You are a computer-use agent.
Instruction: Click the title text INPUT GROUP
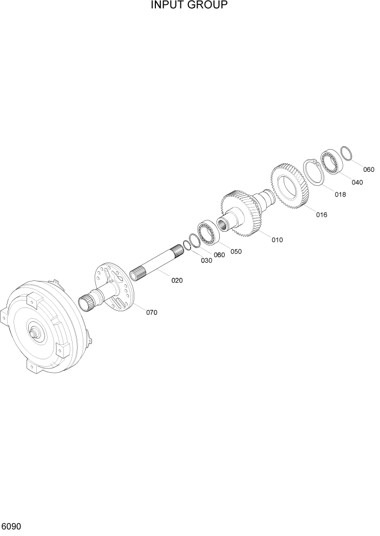(x=189, y=5)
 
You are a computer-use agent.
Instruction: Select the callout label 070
(x=152, y=312)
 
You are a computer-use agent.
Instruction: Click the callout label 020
(x=177, y=280)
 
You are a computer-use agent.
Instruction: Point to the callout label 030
(x=206, y=260)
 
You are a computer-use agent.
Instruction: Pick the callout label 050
(x=236, y=251)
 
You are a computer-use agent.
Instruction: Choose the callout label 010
(x=277, y=239)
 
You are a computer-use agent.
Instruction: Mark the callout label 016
(x=322, y=215)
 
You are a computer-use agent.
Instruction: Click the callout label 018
(x=340, y=195)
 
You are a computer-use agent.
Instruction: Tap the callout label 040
(x=357, y=182)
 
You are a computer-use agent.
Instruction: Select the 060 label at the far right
(x=369, y=170)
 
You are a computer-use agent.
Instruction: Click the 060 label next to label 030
(x=219, y=255)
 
